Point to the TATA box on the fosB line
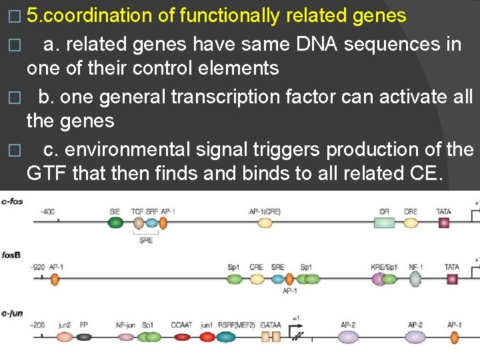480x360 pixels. point(452,279)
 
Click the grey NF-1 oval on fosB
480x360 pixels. point(415,279)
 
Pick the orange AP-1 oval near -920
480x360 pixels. point(55,279)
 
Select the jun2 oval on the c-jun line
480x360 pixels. point(64,337)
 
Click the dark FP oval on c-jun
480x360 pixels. point(84,337)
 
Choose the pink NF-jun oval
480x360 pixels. point(125,337)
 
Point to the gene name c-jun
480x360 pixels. point(13,313)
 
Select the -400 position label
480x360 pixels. point(48,211)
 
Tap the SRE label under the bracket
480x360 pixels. point(146,240)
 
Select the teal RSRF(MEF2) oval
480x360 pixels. point(225,337)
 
